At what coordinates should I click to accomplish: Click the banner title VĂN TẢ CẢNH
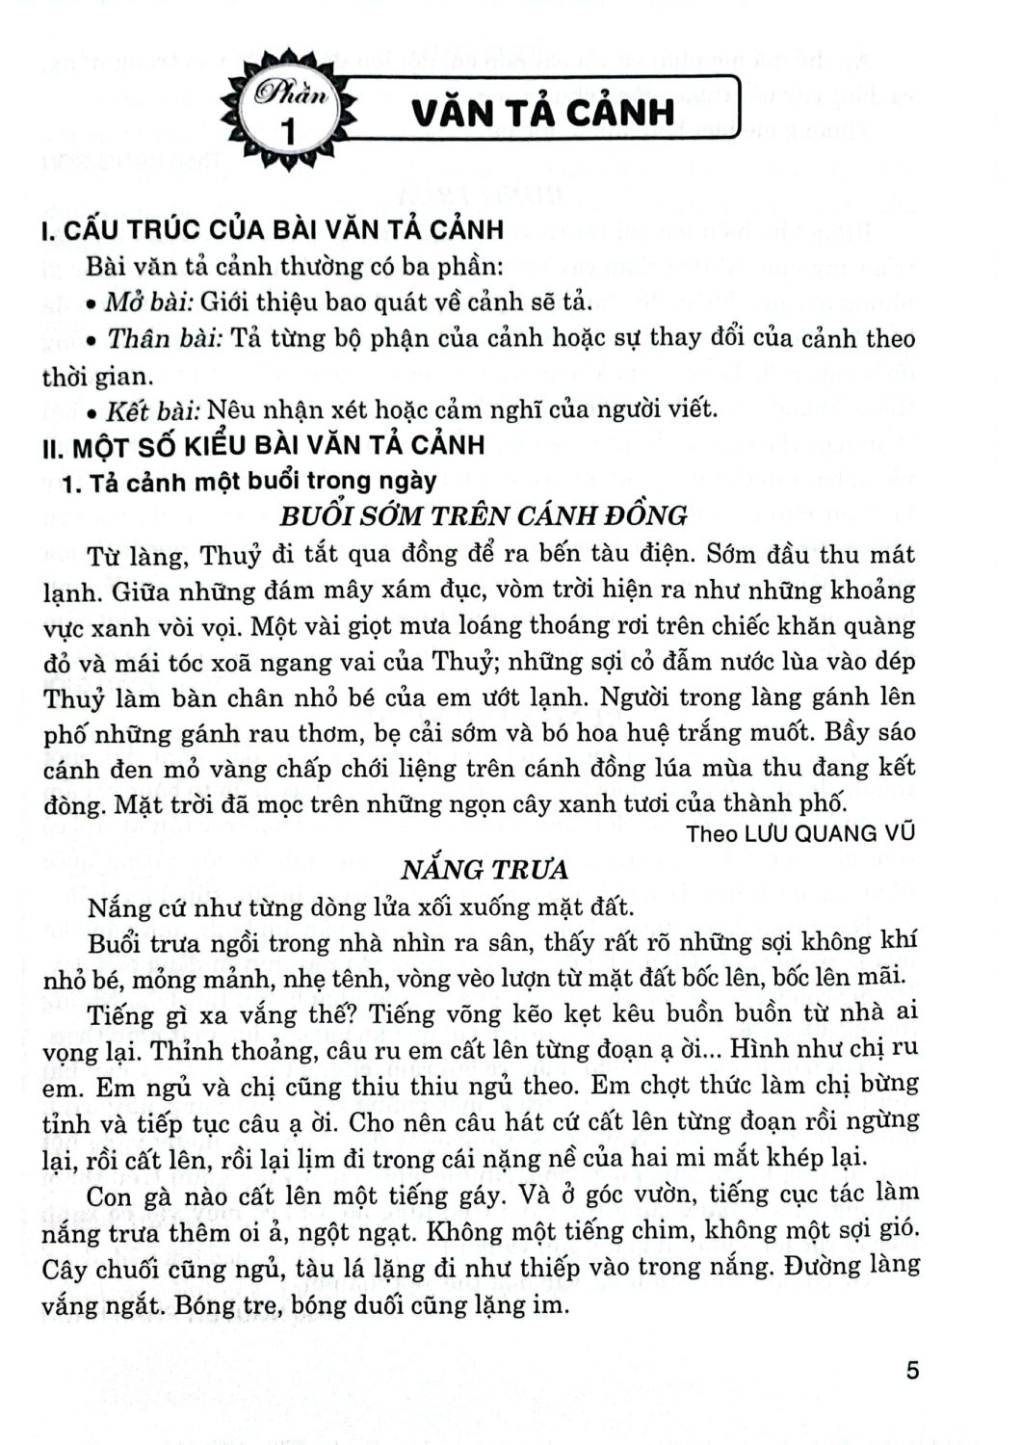coord(542,113)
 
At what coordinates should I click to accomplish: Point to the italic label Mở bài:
coord(149,302)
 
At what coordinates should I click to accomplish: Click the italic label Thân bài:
coord(165,338)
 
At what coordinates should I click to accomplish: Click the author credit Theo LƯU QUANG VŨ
coord(799,833)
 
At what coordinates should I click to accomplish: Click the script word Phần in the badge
coord(291,95)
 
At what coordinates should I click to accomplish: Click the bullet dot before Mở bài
coord(90,304)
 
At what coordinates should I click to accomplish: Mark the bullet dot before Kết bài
coord(90,412)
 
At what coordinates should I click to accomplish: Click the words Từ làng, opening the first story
coord(141,556)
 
